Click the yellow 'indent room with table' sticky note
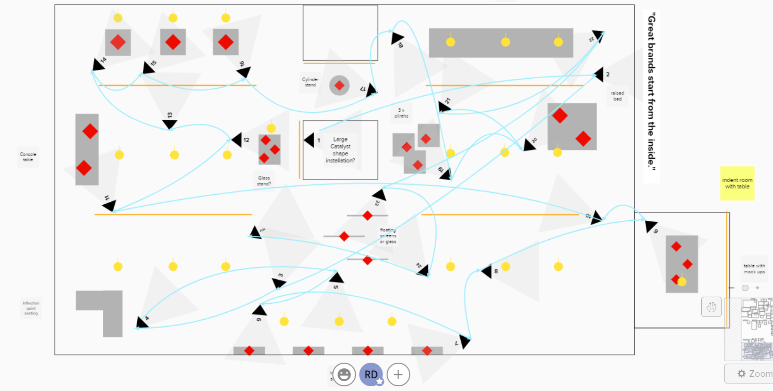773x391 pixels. [737, 183]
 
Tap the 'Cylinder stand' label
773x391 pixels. [310, 82]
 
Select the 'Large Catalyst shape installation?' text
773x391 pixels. [340, 150]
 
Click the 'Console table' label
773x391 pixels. [28, 157]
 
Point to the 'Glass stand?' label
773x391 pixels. [264, 181]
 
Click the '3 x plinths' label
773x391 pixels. [401, 113]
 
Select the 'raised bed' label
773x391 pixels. [617, 96]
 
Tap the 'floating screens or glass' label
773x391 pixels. [388, 236]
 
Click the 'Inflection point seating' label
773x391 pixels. [31, 308]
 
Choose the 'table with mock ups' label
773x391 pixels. [754, 269]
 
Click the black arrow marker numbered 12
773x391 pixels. [237, 140]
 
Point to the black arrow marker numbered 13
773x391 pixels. [170, 125]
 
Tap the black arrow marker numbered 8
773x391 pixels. [486, 271]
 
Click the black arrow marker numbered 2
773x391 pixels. [598, 74]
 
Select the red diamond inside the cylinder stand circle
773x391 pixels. [339, 85]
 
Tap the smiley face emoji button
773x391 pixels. [344, 374]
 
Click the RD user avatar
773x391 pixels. [371, 374]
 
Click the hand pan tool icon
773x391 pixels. [711, 307]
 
